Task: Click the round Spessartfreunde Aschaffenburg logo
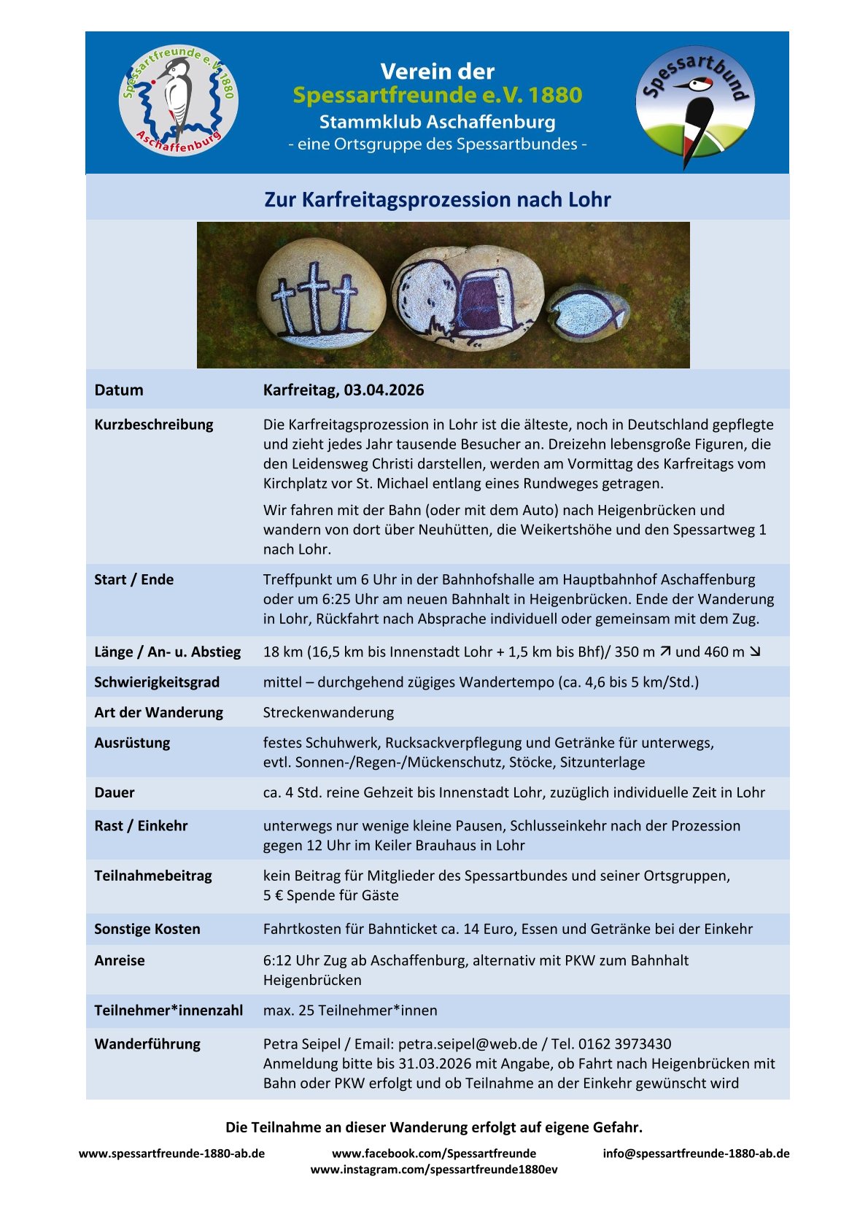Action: (x=179, y=101)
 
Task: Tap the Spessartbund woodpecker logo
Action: (x=694, y=103)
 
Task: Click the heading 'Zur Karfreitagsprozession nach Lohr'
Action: (x=437, y=199)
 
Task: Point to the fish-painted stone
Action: (x=588, y=312)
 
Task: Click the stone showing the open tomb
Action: (x=468, y=298)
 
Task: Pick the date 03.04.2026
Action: (x=384, y=390)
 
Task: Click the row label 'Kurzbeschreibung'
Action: (x=154, y=425)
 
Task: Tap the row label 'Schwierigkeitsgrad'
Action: (x=157, y=682)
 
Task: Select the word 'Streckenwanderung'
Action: (x=328, y=712)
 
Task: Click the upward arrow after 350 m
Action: (x=664, y=652)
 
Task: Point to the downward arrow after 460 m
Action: (x=755, y=652)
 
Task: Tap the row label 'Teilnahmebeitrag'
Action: (x=153, y=876)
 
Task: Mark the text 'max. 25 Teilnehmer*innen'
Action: (x=350, y=1011)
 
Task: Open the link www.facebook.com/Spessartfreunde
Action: (x=434, y=1154)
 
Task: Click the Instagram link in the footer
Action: (x=434, y=1170)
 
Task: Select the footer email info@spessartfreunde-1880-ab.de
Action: (x=696, y=1154)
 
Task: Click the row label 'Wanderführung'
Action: (x=147, y=1044)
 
